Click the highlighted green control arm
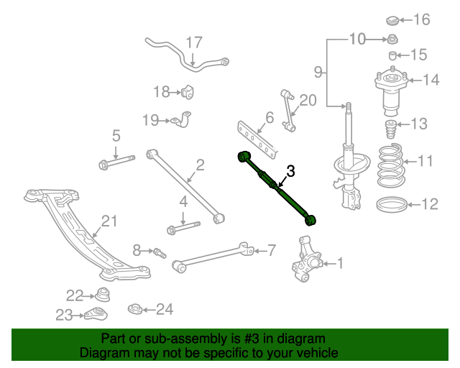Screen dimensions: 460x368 276,188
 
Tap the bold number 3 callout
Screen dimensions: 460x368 290,171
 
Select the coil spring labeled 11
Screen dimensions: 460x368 390,166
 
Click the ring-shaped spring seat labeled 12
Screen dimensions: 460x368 392,205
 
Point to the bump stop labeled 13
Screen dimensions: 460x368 390,129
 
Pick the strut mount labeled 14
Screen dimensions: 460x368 391,91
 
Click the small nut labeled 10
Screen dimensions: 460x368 392,39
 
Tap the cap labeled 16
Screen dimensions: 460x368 392,21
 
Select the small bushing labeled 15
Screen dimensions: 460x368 392,55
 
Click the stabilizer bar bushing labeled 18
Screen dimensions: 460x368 188,92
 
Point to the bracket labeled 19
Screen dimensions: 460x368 182,119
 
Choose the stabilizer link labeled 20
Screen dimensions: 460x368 289,111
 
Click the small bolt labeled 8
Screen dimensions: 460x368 160,253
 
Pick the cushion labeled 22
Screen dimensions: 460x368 103,295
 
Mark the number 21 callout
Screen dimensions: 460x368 109,221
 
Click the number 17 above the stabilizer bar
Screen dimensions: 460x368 194,42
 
